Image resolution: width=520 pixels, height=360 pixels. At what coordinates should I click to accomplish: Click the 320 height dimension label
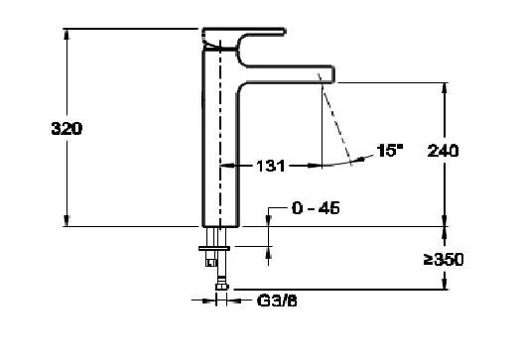pos(66,129)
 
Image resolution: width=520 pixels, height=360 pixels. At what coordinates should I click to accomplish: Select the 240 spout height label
pos(443,151)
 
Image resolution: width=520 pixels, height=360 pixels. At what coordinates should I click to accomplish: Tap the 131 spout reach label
pos(271,166)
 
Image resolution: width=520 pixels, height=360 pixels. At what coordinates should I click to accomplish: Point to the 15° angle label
pos(390,150)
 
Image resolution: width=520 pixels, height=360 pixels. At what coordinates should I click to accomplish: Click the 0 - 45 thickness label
pos(316,208)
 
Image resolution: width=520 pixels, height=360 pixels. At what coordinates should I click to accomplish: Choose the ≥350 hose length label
pos(444,260)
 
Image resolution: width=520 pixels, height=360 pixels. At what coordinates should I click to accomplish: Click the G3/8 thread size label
pos(277,301)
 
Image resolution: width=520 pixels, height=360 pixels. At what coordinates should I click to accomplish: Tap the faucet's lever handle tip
pos(285,32)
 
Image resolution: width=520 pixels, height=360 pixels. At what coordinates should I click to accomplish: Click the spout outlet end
pos(332,74)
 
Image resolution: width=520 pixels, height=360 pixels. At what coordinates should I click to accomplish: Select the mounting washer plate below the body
pos(214,248)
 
